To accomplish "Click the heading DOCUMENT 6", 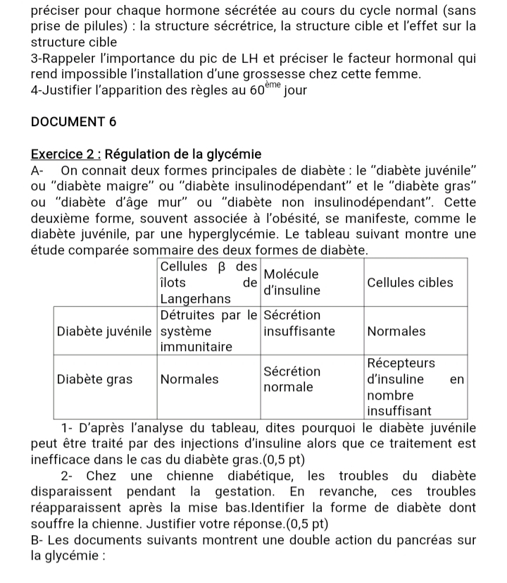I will [x=74, y=121].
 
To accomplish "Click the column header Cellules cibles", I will [x=411, y=282].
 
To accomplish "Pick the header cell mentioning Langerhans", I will [x=208, y=282].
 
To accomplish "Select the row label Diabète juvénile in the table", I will [x=104, y=331].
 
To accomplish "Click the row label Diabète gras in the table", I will [x=94, y=379].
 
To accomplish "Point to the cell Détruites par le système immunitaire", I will [x=208, y=331].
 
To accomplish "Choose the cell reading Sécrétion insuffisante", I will [x=299, y=323].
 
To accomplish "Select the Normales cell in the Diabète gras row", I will [x=189, y=379].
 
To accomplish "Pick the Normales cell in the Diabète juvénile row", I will [x=397, y=331].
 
